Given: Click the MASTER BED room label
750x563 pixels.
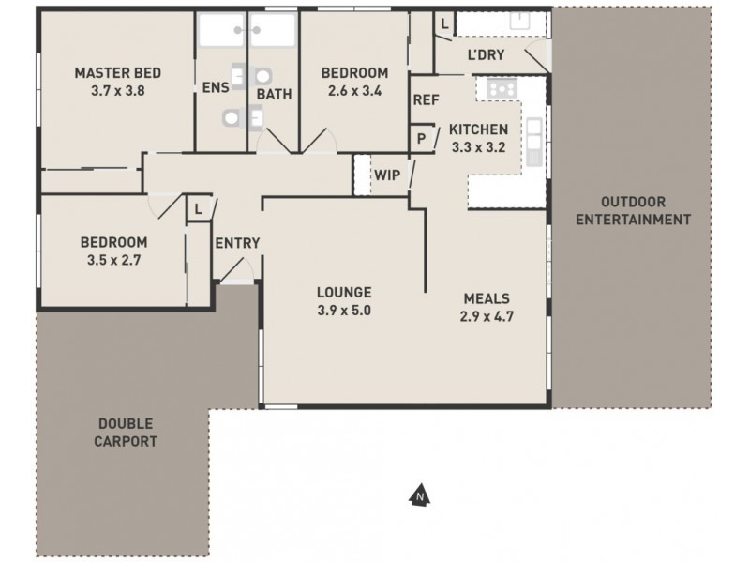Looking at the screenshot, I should pyautogui.click(x=118, y=73).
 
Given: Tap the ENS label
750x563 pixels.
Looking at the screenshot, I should pyautogui.click(x=215, y=89).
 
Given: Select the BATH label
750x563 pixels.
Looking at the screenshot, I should pyautogui.click(x=274, y=94).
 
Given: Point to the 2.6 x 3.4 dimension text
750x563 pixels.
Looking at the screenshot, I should pyautogui.click(x=354, y=91).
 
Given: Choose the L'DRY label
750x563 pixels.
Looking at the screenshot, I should pyautogui.click(x=486, y=55).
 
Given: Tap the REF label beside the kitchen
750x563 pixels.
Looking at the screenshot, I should pyautogui.click(x=427, y=100).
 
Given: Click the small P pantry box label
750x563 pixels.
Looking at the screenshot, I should pyautogui.click(x=422, y=138).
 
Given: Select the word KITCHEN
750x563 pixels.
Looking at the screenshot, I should pyautogui.click(x=478, y=129).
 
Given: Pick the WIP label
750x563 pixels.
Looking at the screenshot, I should pyautogui.click(x=387, y=175).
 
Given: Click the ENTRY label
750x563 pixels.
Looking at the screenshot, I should pyautogui.click(x=237, y=243).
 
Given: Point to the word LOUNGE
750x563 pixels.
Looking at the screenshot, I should pyautogui.click(x=343, y=292).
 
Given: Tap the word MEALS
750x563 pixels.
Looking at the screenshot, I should pyautogui.click(x=487, y=298).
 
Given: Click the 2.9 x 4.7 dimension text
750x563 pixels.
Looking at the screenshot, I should pyautogui.click(x=487, y=316).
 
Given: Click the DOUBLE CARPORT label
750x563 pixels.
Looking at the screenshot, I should pyautogui.click(x=124, y=433).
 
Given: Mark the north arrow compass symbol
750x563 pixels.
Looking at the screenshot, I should pyautogui.click(x=421, y=495).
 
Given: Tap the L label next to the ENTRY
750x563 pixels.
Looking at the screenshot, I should pyautogui.click(x=199, y=209).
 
